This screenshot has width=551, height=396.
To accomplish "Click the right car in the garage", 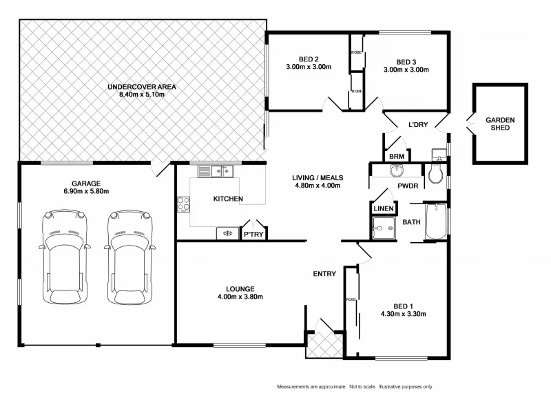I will coord(129,255).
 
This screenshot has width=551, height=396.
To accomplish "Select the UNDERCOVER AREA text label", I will coord(143,87).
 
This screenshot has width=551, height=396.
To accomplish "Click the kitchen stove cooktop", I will coord(184,203).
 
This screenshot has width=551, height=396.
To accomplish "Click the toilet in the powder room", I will coord(436,176).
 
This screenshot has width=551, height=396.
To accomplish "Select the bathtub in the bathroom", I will coord(435,221).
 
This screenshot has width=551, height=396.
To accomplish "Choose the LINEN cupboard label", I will coord(383,208).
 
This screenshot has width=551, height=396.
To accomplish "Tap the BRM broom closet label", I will coord(396,157).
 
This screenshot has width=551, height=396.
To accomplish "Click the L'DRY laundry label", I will coord(418,125).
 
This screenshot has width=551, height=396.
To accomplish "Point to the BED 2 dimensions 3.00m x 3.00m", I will coord(309,68).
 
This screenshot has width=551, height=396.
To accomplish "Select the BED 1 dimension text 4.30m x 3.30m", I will coord(402,314).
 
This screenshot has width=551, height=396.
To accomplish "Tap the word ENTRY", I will coord(324,274).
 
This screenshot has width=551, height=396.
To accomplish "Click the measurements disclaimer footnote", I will coord(354,386).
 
